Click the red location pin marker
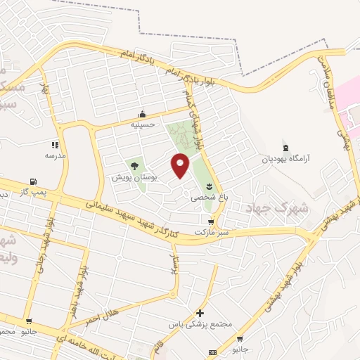pos(181,165)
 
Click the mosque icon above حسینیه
pos(143,115)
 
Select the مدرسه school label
pos(55,155)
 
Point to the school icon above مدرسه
pos(56,145)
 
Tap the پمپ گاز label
pos(32,191)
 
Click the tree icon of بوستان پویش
pos(134,167)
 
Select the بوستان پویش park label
pos(134,178)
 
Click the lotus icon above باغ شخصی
pos(209,186)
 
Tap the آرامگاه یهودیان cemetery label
pos(284,159)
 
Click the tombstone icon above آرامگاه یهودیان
pos(285,148)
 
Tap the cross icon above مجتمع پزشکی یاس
pos(200,314)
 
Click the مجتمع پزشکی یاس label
pos(200,325)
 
